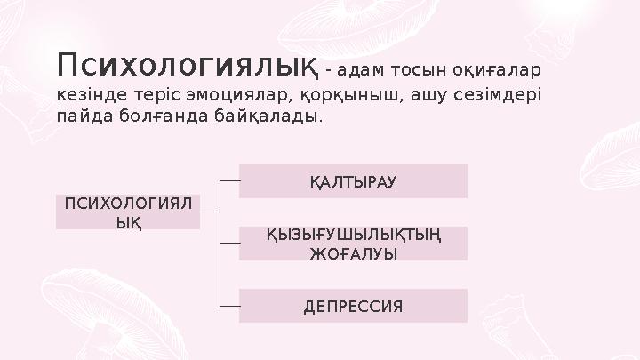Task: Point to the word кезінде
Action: coord(89,93)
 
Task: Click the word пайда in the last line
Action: coord(83,117)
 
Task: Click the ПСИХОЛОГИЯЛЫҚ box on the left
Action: coord(128,212)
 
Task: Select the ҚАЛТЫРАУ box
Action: coord(353,180)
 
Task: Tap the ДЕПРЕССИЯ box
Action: coord(353,306)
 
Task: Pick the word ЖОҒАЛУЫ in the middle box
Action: coord(353,252)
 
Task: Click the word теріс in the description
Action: coord(151,93)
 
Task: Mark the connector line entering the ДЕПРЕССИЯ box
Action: coord(228,306)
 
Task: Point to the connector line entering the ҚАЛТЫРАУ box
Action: coord(228,180)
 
